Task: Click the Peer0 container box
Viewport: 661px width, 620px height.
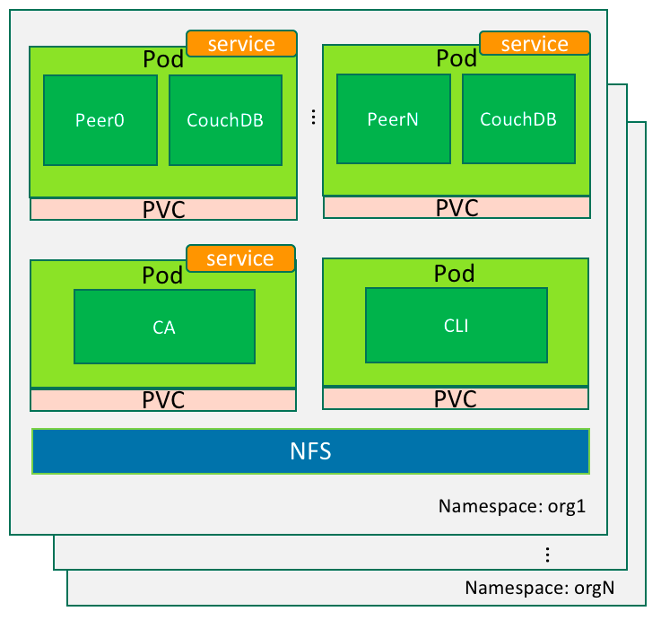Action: (x=100, y=120)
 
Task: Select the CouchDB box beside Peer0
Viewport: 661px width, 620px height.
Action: (x=225, y=120)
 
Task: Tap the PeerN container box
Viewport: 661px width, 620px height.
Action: (x=393, y=119)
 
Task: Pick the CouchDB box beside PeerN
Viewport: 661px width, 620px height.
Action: (x=518, y=119)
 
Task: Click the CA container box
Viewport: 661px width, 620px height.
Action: (x=164, y=327)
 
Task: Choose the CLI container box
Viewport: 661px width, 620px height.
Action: (x=457, y=325)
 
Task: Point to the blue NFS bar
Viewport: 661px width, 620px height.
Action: (x=310, y=451)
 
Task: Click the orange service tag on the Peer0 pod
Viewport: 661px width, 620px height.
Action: (x=241, y=43)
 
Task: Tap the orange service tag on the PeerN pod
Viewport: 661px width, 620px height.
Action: (x=535, y=43)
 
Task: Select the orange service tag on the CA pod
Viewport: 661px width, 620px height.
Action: (x=240, y=258)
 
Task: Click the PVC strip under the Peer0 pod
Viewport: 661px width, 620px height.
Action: (x=163, y=210)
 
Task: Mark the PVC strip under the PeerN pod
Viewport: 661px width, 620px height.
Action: (x=457, y=208)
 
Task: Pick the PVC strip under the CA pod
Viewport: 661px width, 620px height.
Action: (x=163, y=400)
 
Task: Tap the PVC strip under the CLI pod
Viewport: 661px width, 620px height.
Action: (x=457, y=398)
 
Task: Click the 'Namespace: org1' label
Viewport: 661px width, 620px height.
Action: (x=511, y=505)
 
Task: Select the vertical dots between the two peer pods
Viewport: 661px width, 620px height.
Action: (x=313, y=117)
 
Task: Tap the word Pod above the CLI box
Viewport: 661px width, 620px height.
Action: (x=455, y=272)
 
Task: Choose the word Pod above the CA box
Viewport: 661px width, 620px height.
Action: (x=162, y=274)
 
